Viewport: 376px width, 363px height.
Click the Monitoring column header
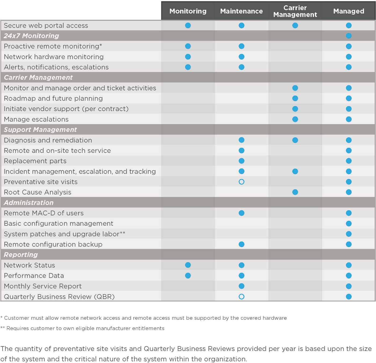pyautogui.click(x=188, y=11)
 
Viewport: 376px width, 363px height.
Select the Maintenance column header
pyautogui.click(x=241, y=11)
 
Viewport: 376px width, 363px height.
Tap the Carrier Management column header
pyautogui.click(x=295, y=11)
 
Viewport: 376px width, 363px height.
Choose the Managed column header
pyautogui.click(x=349, y=11)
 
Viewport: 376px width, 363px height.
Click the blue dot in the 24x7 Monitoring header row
pyautogui.click(x=349, y=36)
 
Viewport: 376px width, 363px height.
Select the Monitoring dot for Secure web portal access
pyautogui.click(x=188, y=25)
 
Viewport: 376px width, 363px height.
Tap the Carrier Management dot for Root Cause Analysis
pyautogui.click(x=295, y=192)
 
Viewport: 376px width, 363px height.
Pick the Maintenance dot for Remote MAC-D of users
pyautogui.click(x=241, y=213)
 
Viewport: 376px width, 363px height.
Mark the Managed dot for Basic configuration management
pyautogui.click(x=349, y=223)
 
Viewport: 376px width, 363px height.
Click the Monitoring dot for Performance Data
pyautogui.click(x=188, y=276)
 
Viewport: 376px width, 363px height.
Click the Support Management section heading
pyautogui.click(x=40, y=130)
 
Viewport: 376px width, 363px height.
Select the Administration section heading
pyautogui.click(x=28, y=203)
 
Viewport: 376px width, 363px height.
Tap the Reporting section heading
pyautogui.click(x=21, y=255)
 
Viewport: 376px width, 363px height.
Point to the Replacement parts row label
pyautogui.click(x=35, y=161)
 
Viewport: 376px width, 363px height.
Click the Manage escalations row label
pyautogui.click(x=36, y=119)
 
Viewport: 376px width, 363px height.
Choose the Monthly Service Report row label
pyautogui.click(x=43, y=286)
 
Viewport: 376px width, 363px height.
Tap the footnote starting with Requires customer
pyautogui.click(x=82, y=328)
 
